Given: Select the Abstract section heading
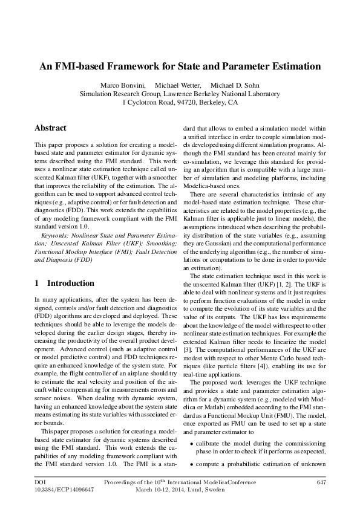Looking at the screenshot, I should coord(50,128).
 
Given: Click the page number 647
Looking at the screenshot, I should coord(321,482).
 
